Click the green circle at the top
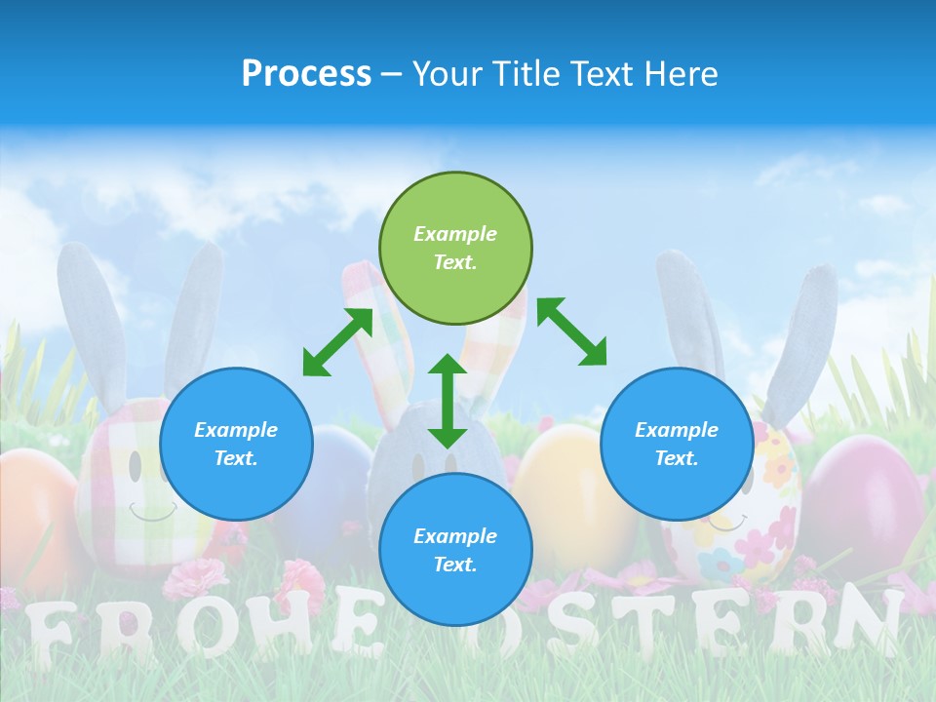point(455,249)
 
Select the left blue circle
point(236,444)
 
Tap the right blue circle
point(677,444)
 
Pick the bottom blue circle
point(455,550)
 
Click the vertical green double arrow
point(448,401)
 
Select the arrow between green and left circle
point(337,342)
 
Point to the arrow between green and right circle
point(571,331)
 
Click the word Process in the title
point(306,73)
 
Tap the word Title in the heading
point(526,73)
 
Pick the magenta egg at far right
point(863,497)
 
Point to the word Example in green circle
point(455,234)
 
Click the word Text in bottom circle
point(455,565)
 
